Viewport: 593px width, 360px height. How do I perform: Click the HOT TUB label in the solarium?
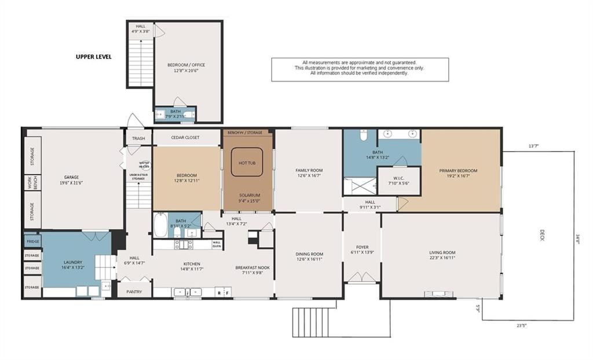pyautogui.click(x=247, y=163)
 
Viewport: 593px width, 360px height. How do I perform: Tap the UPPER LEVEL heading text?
pyautogui.click(x=93, y=57)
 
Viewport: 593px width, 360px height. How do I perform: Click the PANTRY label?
pyautogui.click(x=134, y=292)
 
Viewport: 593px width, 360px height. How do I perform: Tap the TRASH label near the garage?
pyautogui.click(x=138, y=138)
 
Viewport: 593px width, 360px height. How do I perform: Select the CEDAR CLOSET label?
pyautogui.click(x=185, y=138)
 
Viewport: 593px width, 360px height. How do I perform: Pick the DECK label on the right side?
pyautogui.click(x=543, y=235)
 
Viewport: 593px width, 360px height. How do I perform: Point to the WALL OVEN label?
pyautogui.click(x=217, y=244)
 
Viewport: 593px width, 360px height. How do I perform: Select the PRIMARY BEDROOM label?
pyautogui.click(x=458, y=171)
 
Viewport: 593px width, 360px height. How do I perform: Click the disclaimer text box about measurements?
pyautogui.click(x=360, y=68)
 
